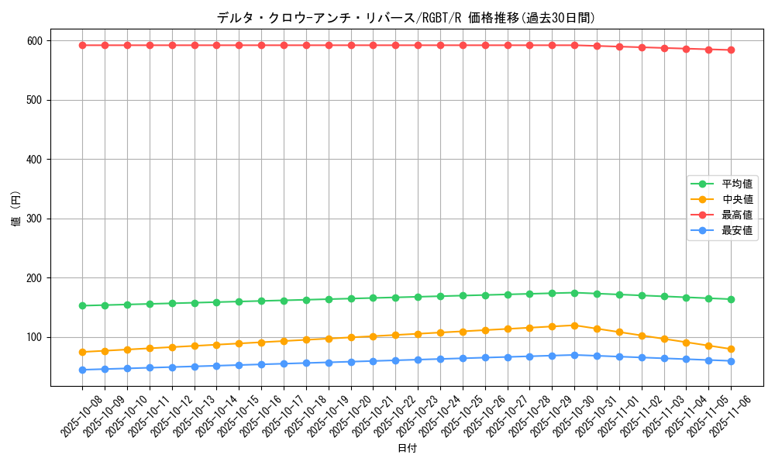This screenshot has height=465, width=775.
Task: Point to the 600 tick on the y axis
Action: pos(36,40)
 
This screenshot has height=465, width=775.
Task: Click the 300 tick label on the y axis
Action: pos(36,219)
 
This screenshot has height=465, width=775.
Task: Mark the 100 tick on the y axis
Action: pos(36,337)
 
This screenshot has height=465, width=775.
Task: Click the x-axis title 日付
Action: pos(407,449)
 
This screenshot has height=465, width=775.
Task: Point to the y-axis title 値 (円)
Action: pos(15,209)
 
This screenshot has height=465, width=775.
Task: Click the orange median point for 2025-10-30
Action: pos(574,325)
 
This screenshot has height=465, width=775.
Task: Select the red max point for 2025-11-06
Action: pos(731,50)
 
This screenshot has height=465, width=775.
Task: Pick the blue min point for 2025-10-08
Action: pos(82,370)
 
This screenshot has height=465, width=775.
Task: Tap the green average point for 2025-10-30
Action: pos(574,293)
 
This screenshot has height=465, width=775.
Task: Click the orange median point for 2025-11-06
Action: pos(731,349)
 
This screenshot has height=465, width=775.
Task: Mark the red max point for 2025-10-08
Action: pos(82,45)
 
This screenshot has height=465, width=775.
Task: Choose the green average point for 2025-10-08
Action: pos(82,305)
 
